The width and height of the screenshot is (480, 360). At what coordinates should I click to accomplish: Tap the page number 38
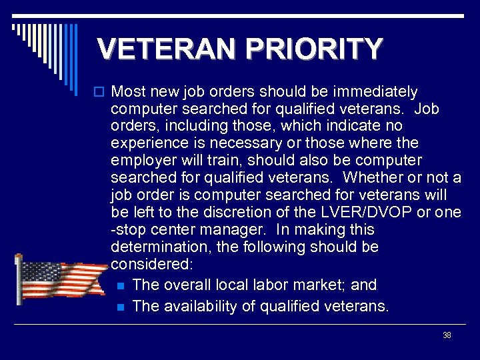(x=447, y=335)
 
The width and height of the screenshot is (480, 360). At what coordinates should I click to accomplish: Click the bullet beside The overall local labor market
(x=120, y=285)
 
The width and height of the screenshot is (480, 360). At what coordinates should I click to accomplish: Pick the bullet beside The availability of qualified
(x=120, y=307)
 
